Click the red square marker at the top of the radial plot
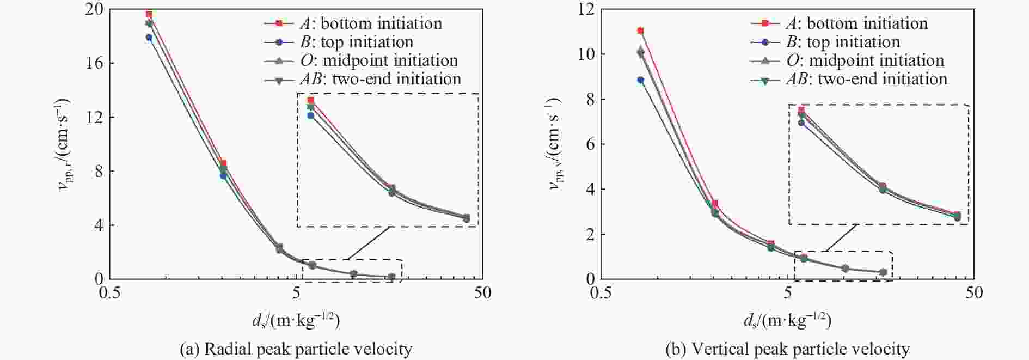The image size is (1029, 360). [149, 14]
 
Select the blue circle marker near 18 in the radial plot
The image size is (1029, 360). [149, 38]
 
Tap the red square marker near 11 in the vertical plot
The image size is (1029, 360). [641, 31]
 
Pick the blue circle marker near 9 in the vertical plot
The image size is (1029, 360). [641, 80]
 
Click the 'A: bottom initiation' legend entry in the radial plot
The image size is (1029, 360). [370, 23]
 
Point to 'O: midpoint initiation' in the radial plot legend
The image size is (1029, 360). [378, 60]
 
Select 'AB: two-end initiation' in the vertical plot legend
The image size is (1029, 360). [866, 79]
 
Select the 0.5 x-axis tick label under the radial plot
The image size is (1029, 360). [110, 293]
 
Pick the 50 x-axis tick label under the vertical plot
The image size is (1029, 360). [973, 293]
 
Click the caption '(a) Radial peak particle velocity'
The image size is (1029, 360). [296, 349]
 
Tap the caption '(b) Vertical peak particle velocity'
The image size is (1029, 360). [787, 349]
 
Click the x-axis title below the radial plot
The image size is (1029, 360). [296, 321]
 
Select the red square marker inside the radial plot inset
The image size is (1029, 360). [311, 100]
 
